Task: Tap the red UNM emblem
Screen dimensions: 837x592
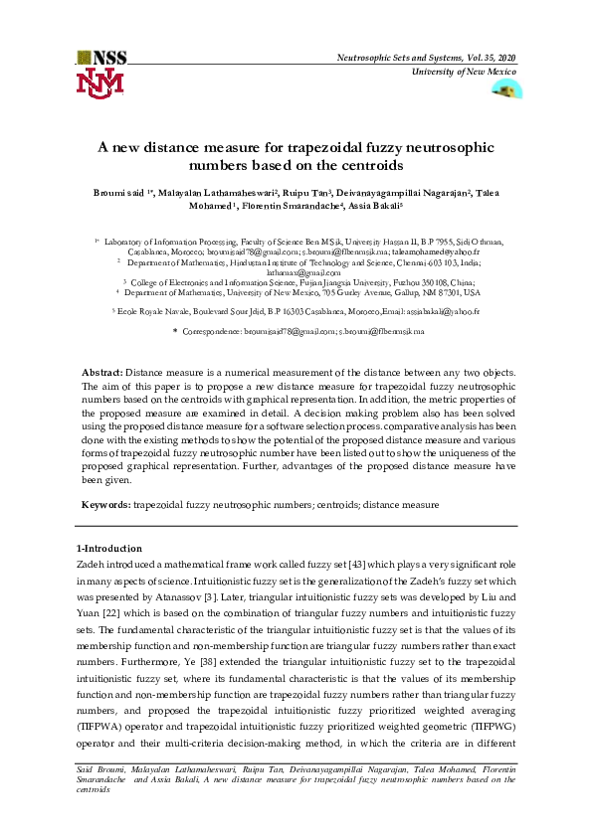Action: [101, 82]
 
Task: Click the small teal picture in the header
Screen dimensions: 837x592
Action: [505, 89]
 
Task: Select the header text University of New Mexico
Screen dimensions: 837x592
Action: [464, 74]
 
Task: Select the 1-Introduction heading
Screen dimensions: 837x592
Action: [109, 549]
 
